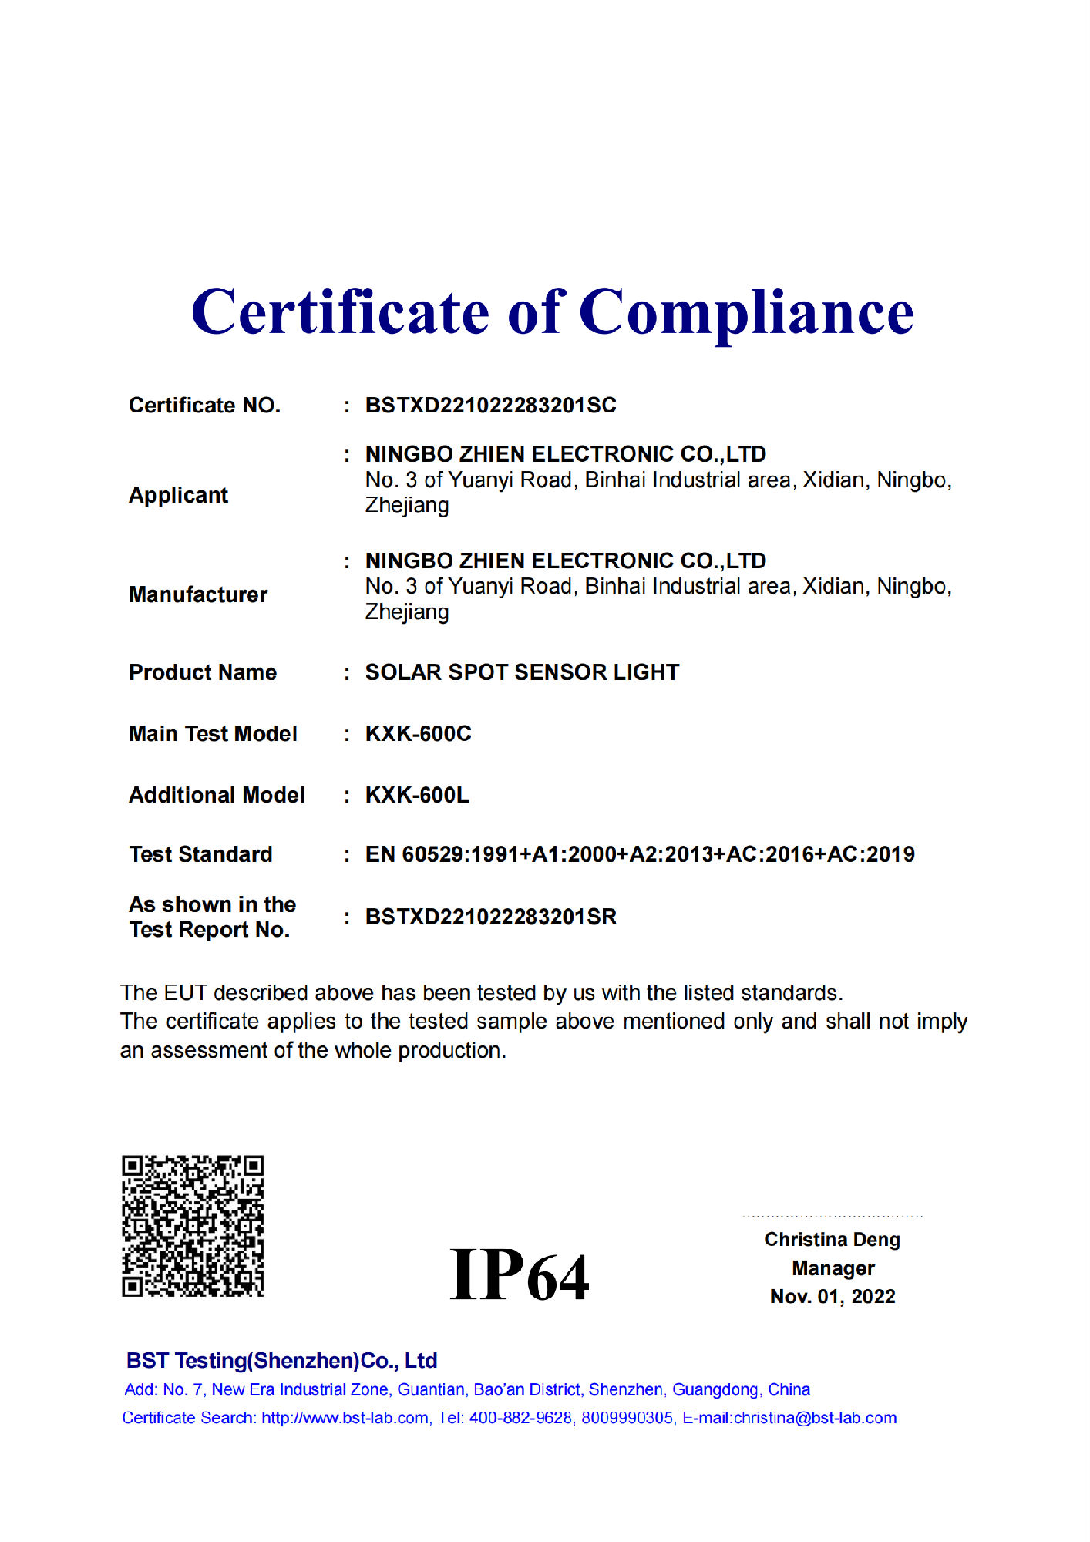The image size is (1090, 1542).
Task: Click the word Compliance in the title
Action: (745, 313)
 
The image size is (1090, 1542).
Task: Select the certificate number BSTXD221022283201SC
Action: (490, 406)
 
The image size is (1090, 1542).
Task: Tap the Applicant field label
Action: (178, 495)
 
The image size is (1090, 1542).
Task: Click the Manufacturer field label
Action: (198, 594)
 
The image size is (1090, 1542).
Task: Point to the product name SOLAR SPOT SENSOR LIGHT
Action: (522, 672)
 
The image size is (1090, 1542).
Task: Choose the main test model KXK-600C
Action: (418, 733)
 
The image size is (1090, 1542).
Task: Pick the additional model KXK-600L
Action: (417, 795)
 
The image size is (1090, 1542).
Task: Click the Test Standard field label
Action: (200, 854)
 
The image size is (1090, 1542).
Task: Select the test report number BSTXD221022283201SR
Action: (490, 917)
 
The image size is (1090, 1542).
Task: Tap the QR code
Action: (193, 1225)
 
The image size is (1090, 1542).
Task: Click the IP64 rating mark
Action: (520, 1276)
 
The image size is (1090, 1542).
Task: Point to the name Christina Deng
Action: (833, 1240)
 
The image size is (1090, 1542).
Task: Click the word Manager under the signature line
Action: (833, 1268)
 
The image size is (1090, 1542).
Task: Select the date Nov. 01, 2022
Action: (833, 1297)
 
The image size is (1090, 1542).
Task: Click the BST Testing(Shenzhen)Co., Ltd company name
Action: (281, 1361)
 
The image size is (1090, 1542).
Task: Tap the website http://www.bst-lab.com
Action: (345, 1418)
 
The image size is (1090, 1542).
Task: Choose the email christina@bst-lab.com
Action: (815, 1418)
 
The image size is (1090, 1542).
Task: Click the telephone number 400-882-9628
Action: (520, 1418)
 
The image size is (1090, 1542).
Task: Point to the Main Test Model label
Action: (213, 733)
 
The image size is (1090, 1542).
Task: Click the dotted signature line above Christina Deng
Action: (833, 1217)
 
